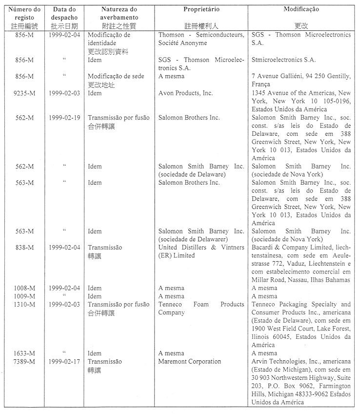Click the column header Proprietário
click(201, 9)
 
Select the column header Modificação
click(301, 9)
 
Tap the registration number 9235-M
click(24, 93)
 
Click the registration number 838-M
click(24, 248)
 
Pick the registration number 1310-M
click(24, 304)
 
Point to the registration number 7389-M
click(24, 361)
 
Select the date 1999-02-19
click(64, 117)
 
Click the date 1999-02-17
click(64, 361)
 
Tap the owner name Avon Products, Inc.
click(185, 93)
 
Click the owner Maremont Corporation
click(189, 361)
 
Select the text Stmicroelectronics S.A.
click(283, 60)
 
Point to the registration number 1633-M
click(24, 353)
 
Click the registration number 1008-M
click(24, 288)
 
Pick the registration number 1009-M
click(24, 296)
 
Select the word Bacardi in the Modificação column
click(263, 248)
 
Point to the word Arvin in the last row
click(260, 361)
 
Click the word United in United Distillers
click(168, 248)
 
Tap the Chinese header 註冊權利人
click(201, 26)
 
